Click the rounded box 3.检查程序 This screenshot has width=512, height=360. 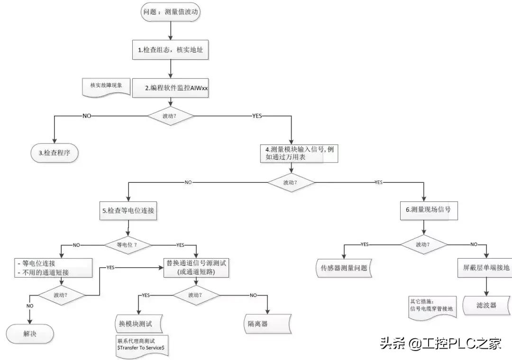point(53,153)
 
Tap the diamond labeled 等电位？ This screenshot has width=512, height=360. point(128,244)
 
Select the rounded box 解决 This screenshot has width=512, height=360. point(29,333)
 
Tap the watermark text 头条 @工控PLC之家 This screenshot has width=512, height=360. point(440,343)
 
